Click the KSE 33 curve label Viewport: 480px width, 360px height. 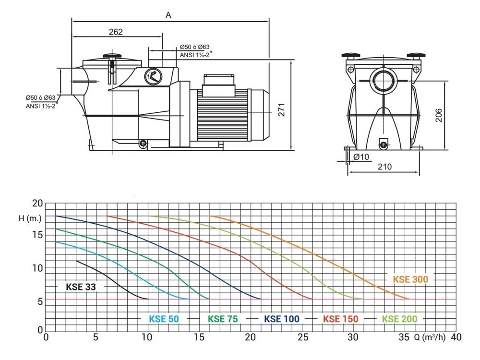click(x=81, y=287)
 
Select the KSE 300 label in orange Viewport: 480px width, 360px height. click(x=410, y=279)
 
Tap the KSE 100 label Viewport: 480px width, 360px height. click(x=282, y=319)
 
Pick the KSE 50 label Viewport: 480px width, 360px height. click(x=164, y=319)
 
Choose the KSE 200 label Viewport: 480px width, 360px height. click(x=399, y=319)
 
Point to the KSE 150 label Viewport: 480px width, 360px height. click(x=340, y=319)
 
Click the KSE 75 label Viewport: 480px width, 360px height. click(x=223, y=319)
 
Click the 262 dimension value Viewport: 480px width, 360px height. click(x=116, y=32)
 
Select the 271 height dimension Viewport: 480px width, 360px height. click(x=281, y=109)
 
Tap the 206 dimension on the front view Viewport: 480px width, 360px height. click(x=439, y=115)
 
